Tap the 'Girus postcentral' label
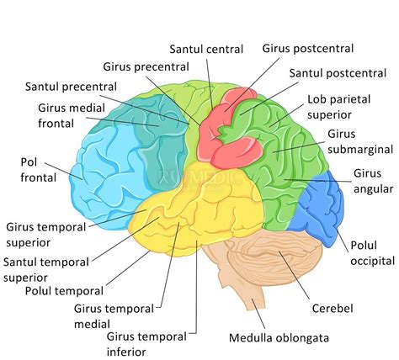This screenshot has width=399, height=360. (307, 49)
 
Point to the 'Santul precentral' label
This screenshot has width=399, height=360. (71, 86)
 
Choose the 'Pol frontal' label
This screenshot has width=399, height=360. (39, 169)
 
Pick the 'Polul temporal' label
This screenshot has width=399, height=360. (65, 291)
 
